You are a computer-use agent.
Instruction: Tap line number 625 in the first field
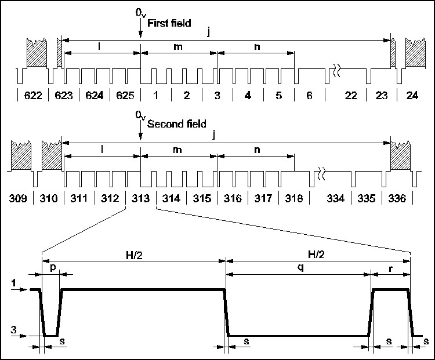[125, 95]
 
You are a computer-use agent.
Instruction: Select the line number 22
[351, 95]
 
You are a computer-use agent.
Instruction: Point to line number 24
[412, 95]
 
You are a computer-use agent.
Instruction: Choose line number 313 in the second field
[140, 199]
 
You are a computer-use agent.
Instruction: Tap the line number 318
[294, 199]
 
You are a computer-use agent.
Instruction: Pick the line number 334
[336, 199]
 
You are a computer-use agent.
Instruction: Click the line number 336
[397, 199]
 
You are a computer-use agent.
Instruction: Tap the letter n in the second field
[255, 149]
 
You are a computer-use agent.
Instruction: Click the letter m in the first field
[179, 46]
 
